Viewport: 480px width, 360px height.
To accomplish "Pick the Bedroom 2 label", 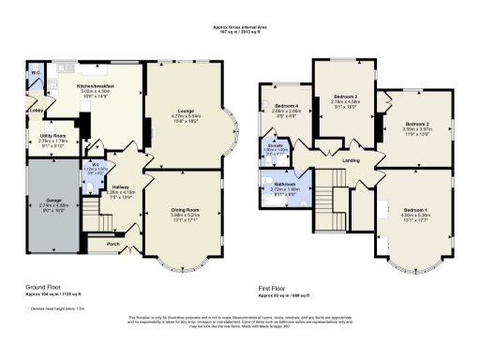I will pyautogui.click(x=416, y=124).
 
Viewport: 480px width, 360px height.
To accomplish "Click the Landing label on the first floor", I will pyautogui.click(x=352, y=160).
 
